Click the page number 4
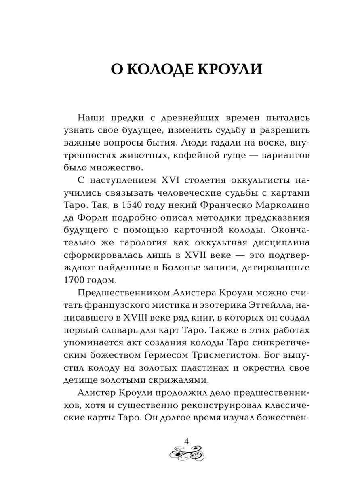pos(187,441)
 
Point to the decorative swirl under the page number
pos(187,455)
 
